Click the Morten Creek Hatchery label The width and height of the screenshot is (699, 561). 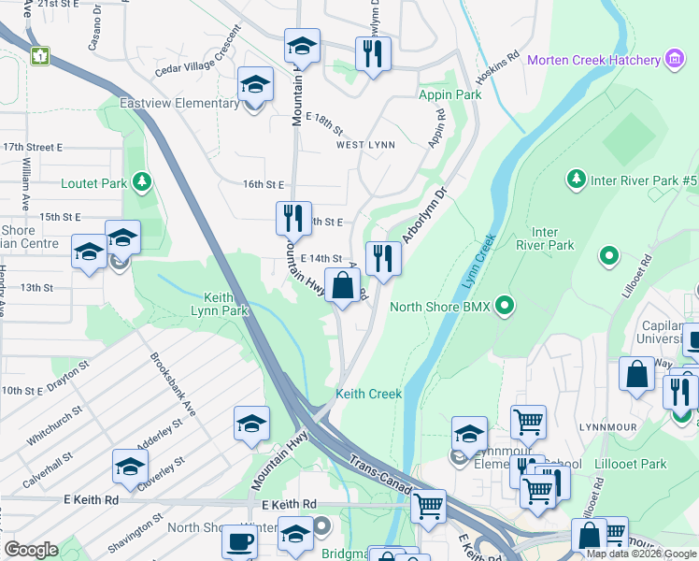[593, 61]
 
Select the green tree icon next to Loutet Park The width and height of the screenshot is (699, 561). [141, 180]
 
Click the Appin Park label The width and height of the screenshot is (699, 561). [450, 94]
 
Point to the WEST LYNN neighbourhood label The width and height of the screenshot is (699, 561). [365, 145]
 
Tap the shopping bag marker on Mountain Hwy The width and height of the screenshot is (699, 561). [343, 285]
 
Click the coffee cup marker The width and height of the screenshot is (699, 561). [239, 541]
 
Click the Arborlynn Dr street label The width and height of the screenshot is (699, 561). [426, 215]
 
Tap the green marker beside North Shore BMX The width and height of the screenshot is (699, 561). [506, 306]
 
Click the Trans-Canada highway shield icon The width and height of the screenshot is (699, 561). [40, 56]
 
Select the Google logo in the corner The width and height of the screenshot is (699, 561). [31, 549]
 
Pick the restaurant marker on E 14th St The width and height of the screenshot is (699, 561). [383, 258]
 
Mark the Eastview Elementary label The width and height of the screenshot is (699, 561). [179, 103]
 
